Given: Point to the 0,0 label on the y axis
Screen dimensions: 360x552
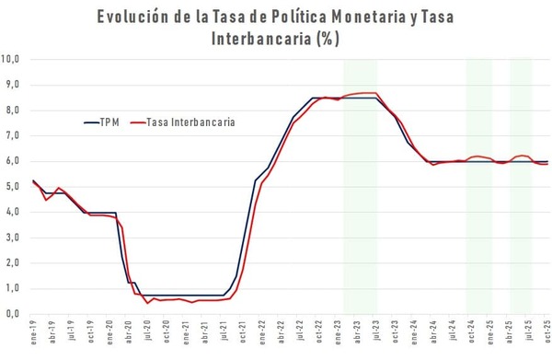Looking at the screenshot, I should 13,313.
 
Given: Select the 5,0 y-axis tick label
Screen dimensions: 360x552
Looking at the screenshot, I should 13,186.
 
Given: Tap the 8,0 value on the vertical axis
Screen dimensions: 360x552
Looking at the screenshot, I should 13,110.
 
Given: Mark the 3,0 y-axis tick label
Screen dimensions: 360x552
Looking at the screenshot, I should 13,237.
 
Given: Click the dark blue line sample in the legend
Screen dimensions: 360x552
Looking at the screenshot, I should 91,122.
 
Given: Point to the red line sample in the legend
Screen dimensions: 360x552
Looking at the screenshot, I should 139,122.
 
